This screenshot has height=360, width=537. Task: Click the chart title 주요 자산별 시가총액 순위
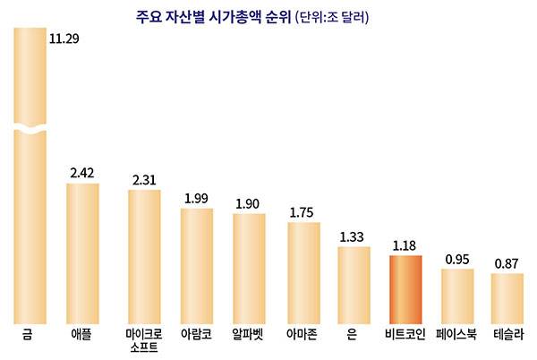205,17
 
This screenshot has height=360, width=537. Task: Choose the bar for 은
354,285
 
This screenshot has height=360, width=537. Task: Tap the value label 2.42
84,171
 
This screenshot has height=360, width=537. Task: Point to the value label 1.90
248,203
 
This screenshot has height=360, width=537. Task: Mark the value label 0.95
457,259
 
